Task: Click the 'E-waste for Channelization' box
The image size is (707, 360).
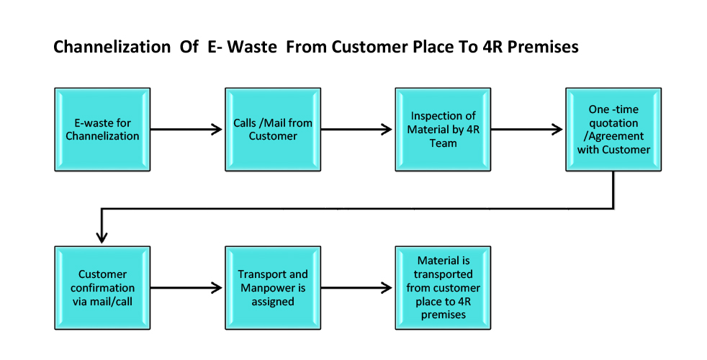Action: tap(102, 130)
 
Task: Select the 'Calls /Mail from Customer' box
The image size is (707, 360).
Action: tap(273, 130)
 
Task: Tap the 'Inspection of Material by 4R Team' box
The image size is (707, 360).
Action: tap(443, 130)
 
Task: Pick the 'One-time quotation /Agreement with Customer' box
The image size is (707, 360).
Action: tap(613, 130)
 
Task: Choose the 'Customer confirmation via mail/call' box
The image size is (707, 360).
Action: tap(102, 288)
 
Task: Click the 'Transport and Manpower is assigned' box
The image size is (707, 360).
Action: tap(273, 288)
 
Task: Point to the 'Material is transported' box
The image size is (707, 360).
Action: tap(443, 288)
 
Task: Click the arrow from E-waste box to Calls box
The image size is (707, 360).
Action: tap(186, 130)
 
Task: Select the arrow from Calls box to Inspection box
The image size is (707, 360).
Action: tap(356, 130)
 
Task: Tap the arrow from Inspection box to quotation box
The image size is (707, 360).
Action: tap(526, 130)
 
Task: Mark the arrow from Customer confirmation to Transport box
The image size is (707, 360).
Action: tap(186, 288)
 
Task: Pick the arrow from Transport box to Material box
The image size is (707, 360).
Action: tap(356, 288)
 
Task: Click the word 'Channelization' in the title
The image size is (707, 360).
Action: tap(112, 47)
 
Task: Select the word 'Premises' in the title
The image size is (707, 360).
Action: tap(543, 47)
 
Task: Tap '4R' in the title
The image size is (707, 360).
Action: tap(493, 47)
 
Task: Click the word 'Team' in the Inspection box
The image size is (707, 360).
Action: tap(443, 143)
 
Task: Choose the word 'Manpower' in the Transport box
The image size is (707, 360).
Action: tap(273, 288)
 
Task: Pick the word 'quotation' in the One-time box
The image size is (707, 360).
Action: tap(613, 122)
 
